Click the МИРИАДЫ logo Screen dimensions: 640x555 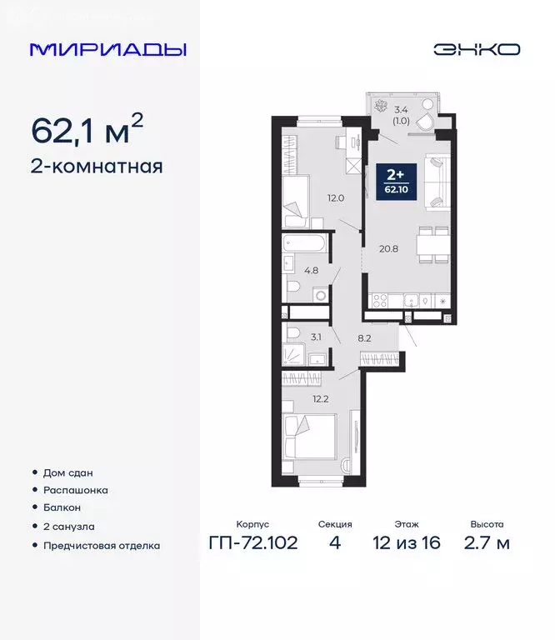[107, 49]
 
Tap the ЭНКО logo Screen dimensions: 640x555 [477, 49]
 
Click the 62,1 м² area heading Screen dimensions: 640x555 [87, 130]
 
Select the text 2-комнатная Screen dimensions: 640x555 [96, 166]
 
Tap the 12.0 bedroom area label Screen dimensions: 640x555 [335, 198]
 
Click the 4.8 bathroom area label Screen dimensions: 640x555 [311, 270]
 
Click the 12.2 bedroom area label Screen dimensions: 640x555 [320, 398]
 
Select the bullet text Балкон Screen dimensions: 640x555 [62, 507]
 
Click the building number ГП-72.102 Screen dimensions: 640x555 [252, 543]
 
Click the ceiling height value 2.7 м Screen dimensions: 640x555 [487, 543]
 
